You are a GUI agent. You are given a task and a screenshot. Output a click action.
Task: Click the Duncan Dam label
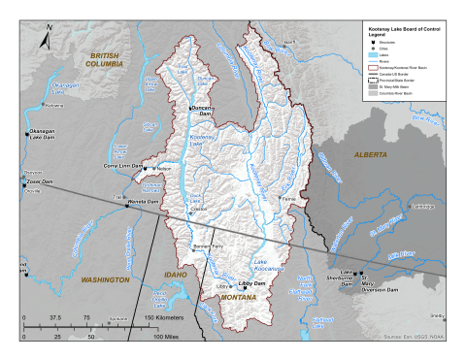pyautogui.click(x=200, y=110)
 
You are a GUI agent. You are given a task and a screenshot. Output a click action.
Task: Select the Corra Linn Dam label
pyautogui.click(x=122, y=165)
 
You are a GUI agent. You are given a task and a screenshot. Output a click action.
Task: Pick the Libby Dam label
pyautogui.click(x=253, y=284)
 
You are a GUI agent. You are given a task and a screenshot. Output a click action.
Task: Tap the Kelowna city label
pyautogui.click(x=53, y=104)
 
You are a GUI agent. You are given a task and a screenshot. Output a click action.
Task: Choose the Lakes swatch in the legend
pyautogui.click(x=375, y=56)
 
